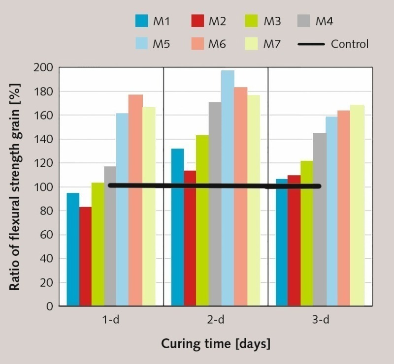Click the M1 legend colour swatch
point(142,21)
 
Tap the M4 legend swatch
point(304,21)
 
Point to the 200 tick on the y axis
point(44,68)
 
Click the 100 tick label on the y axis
point(44,187)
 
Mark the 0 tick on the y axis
point(49,306)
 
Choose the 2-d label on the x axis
point(215,320)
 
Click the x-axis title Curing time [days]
point(216,343)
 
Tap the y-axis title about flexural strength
point(16,187)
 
